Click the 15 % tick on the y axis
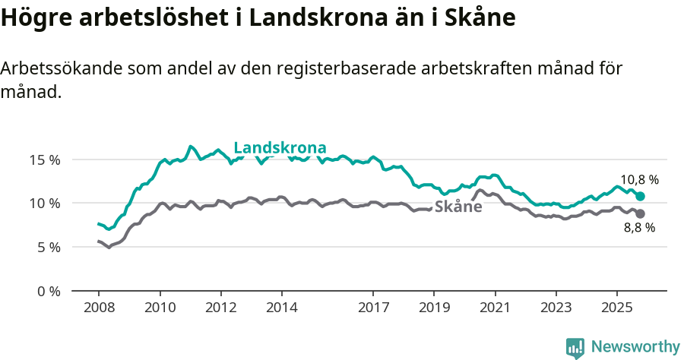(x=45, y=159)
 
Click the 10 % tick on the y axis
(x=45, y=203)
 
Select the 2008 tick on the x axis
(x=99, y=308)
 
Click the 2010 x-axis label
(x=160, y=308)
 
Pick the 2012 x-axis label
(x=220, y=308)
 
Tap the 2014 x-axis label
(x=281, y=308)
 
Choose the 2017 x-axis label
(x=373, y=308)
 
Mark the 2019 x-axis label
(x=434, y=308)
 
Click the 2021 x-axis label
(x=495, y=308)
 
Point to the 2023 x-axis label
(x=556, y=308)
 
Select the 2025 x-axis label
(x=616, y=308)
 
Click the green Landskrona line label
(x=280, y=147)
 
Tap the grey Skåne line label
(x=458, y=206)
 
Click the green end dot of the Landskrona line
(x=641, y=197)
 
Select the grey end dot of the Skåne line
(x=641, y=213)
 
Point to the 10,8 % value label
(x=639, y=180)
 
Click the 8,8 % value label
(x=639, y=228)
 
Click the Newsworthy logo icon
(x=575, y=347)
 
